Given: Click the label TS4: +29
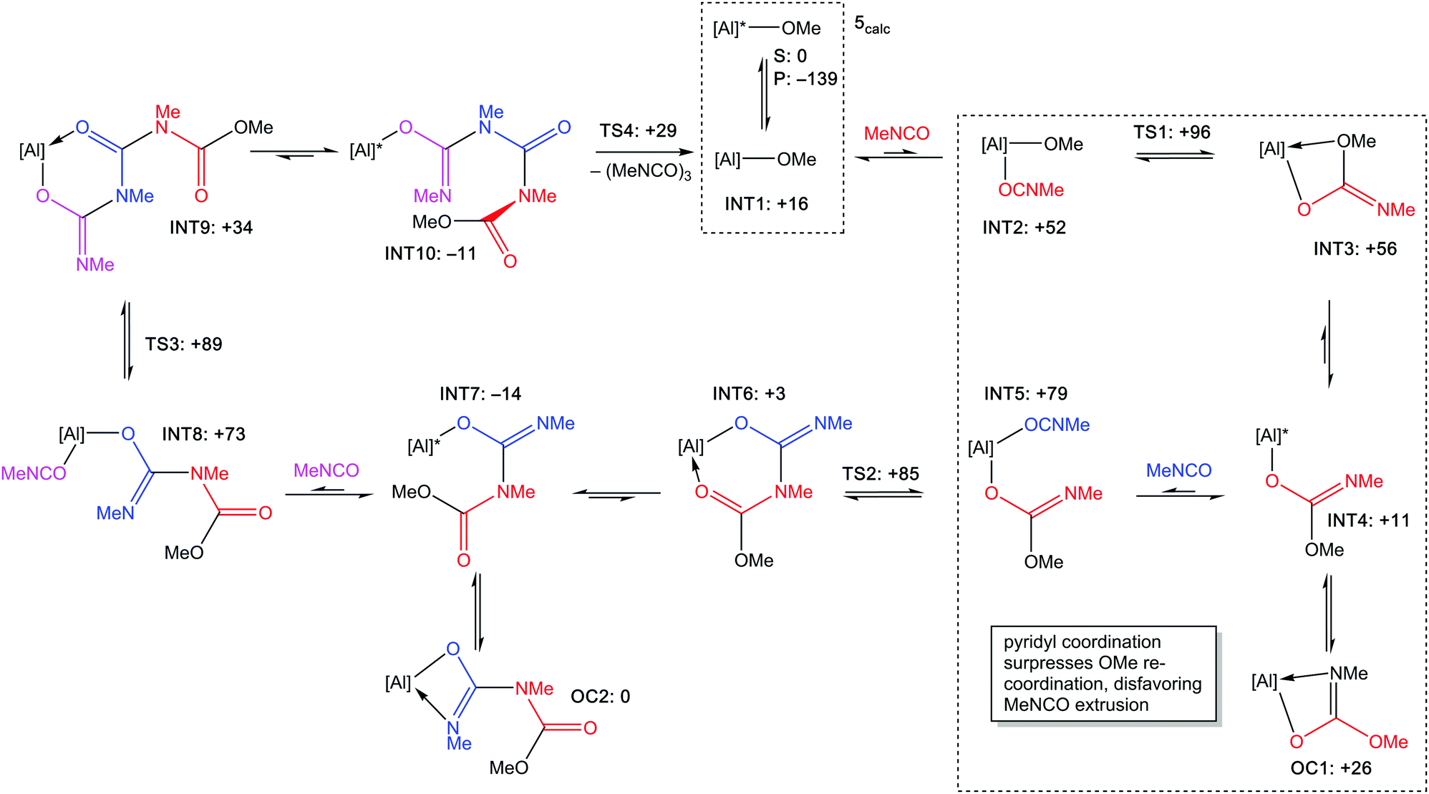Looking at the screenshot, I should coord(638,131).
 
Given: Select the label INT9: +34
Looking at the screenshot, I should coord(211,228).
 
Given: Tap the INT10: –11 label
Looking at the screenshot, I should coord(430,253).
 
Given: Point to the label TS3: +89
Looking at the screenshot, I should coord(184,344).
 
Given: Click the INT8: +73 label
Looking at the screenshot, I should coord(204,434).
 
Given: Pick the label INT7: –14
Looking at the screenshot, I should coord(480,394).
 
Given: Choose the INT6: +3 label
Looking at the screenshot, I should coord(749,394).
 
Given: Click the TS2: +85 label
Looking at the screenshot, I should coord(881,474).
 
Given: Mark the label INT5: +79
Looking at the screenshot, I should coord(1026,394).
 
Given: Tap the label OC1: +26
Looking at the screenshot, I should coord(1331,768).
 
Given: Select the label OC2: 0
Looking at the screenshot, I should coord(600,697).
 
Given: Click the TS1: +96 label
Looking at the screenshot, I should coord(1172,132).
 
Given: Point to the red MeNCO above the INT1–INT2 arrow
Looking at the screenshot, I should coord(896,133).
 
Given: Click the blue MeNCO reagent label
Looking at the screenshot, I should coord(1178,470).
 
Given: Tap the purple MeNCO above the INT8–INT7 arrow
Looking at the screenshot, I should coord(326,470).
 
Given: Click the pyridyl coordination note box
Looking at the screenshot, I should coord(1103,673).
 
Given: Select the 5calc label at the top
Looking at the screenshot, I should coord(871,25).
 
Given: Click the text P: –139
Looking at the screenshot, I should coord(805,79).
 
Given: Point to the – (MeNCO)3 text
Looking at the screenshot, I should coord(641,172).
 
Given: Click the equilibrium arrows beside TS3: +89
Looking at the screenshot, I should coord(127,341).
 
